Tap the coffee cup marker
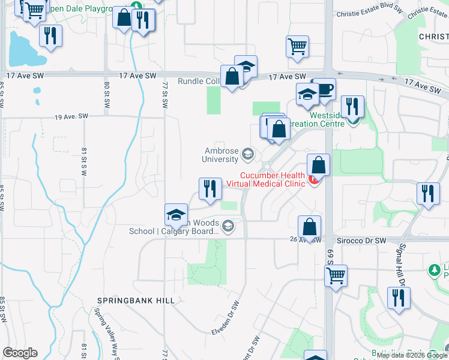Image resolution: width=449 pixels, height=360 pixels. [x=324, y=89]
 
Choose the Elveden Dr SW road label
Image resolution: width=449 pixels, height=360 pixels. [x=226, y=324]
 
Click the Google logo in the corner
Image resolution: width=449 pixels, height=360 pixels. [x=20, y=352]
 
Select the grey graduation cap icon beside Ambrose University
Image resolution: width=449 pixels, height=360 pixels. [x=247, y=156]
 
